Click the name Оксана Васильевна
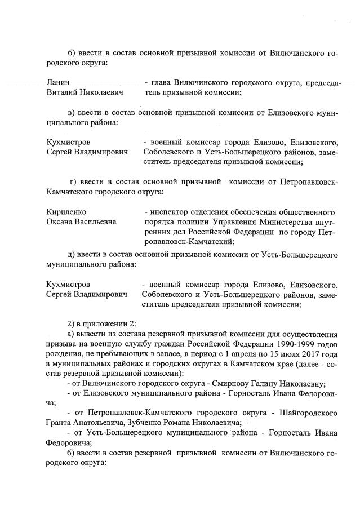click(82, 221)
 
